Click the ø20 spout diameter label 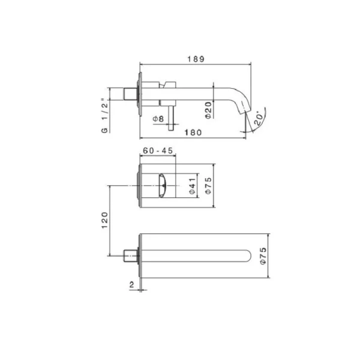[x=207, y=110]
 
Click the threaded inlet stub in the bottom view [x=130, y=256]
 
